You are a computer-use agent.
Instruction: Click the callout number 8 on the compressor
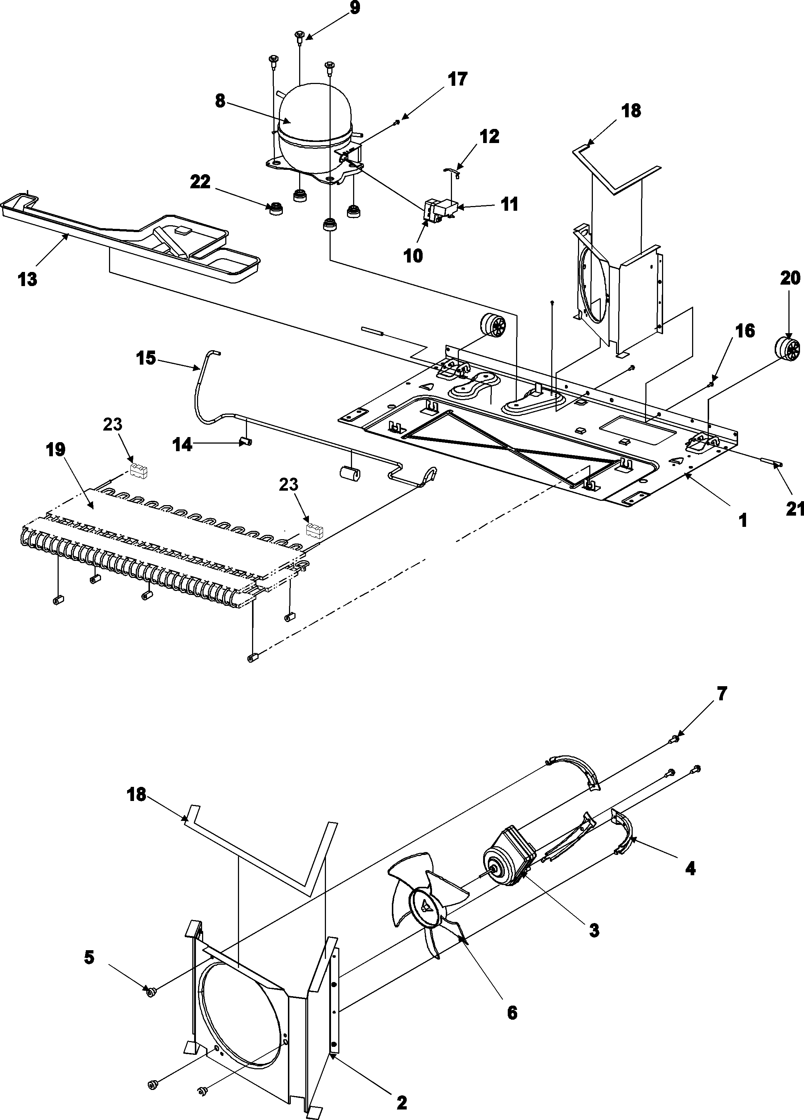click(x=220, y=101)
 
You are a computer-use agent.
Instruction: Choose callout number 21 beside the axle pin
click(x=794, y=509)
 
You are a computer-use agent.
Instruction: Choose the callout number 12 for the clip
click(x=489, y=136)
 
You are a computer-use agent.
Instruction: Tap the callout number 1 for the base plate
click(x=742, y=520)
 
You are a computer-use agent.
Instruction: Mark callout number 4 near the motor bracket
click(x=690, y=868)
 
